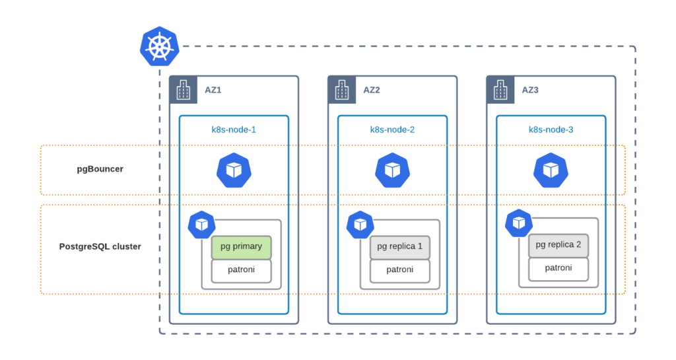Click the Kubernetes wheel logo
(159, 46)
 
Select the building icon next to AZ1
(182, 89)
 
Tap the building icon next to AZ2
(341, 89)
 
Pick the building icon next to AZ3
(500, 89)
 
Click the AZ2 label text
(372, 90)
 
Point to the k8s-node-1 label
(229, 129)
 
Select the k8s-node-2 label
(392, 129)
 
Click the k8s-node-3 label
(551, 129)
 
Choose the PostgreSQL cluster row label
(100, 247)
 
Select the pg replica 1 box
(399, 247)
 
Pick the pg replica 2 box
(558, 245)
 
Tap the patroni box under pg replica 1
(399, 270)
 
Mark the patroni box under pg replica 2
(558, 268)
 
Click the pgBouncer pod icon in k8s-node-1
(234, 170)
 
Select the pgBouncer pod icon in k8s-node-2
(393, 170)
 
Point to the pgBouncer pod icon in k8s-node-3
(551, 170)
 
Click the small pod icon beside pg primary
(201, 225)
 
